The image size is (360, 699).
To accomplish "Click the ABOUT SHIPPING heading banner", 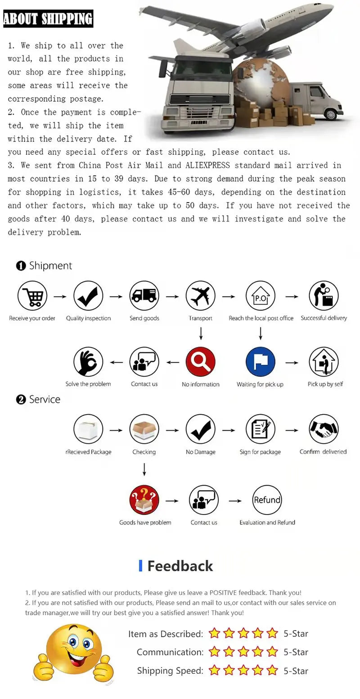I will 48,18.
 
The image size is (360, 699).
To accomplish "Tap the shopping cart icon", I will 32,296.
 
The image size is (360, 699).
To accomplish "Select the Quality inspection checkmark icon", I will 88,296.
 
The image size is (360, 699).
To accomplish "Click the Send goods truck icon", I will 144,296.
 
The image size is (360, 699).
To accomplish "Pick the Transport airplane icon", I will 201,296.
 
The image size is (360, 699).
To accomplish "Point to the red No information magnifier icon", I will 201,362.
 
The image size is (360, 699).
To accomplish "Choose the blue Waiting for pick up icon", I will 261,362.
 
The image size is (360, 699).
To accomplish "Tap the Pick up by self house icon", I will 324,362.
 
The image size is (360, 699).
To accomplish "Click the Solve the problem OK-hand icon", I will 88,362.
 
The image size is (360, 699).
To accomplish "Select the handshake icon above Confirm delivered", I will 324,429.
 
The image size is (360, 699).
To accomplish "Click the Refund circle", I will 267,500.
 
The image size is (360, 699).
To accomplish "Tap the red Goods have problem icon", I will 144,500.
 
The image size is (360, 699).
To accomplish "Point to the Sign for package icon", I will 261,429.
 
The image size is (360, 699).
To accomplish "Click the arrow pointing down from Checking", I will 144,469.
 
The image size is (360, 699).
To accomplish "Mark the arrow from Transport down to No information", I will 201,333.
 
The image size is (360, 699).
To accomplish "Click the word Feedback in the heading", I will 180,566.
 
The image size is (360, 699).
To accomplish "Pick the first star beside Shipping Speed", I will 214,670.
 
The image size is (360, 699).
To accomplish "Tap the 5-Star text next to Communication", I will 296,652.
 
